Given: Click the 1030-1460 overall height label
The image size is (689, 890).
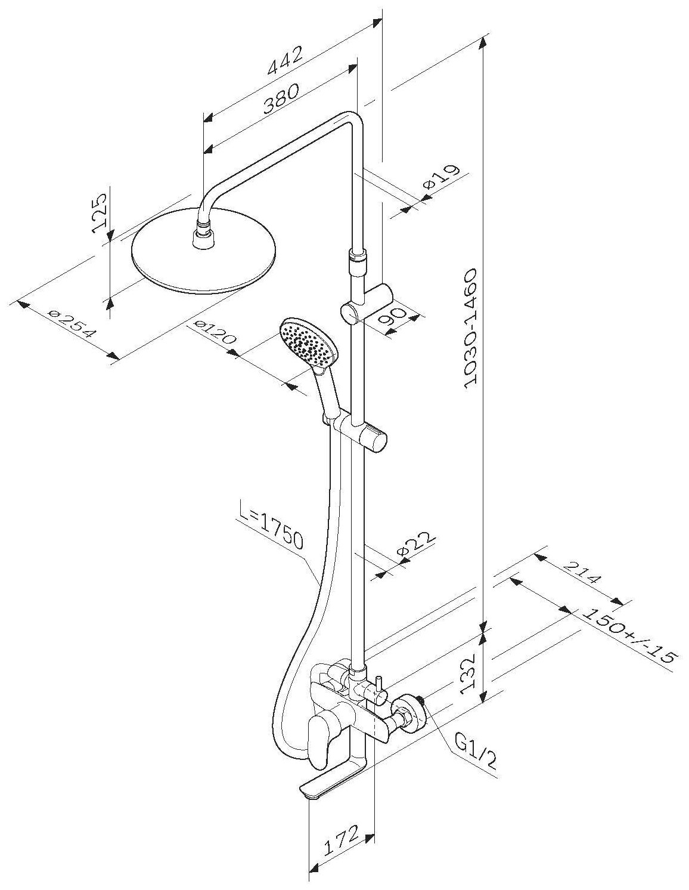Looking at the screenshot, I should click(470, 327).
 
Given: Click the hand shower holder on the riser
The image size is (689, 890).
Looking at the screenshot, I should click(361, 427).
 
